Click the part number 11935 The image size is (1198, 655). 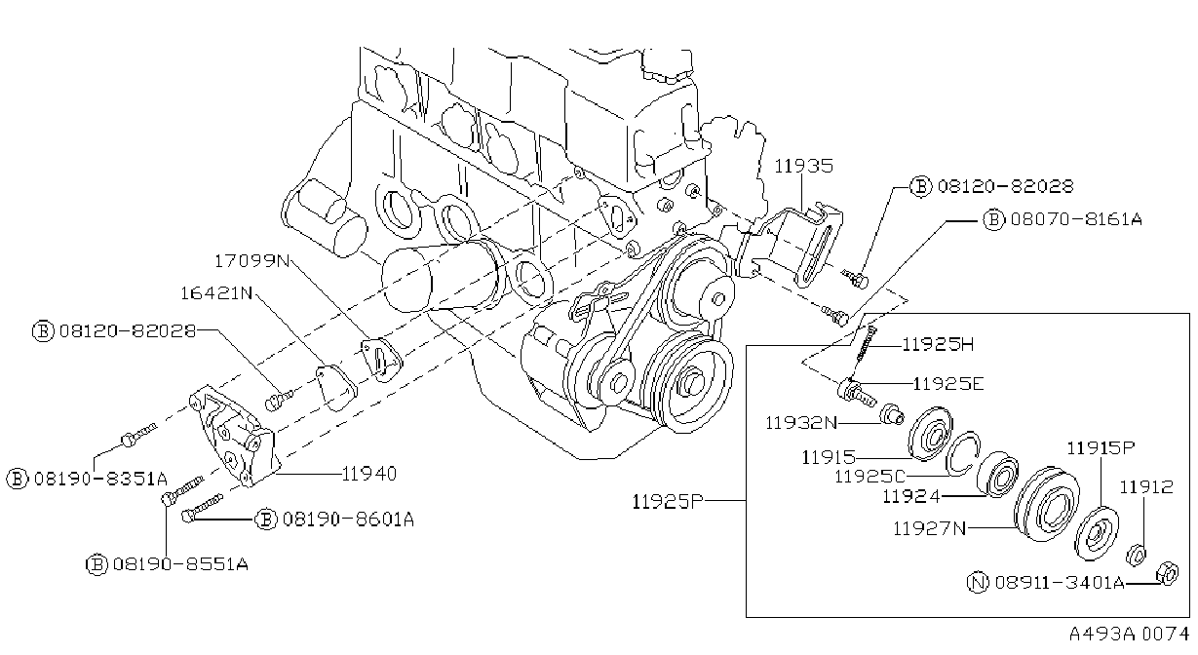tap(804, 166)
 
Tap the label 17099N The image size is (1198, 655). tap(251, 261)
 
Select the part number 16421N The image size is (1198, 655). tap(216, 293)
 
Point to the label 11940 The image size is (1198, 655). tap(369, 474)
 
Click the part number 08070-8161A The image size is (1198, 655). tap(1076, 219)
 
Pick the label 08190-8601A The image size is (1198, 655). tap(348, 520)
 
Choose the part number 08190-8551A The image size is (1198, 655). tap(180, 564)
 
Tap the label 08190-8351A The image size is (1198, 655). tap(100, 479)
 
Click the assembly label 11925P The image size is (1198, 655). tap(668, 502)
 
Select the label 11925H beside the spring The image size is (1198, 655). tap(938, 344)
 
